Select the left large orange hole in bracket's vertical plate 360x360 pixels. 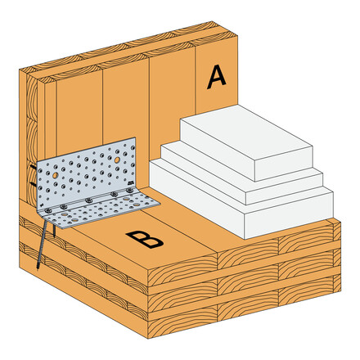(x=54, y=176)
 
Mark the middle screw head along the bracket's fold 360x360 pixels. (x=88, y=201)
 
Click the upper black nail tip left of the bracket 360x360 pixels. (x=34, y=170)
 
